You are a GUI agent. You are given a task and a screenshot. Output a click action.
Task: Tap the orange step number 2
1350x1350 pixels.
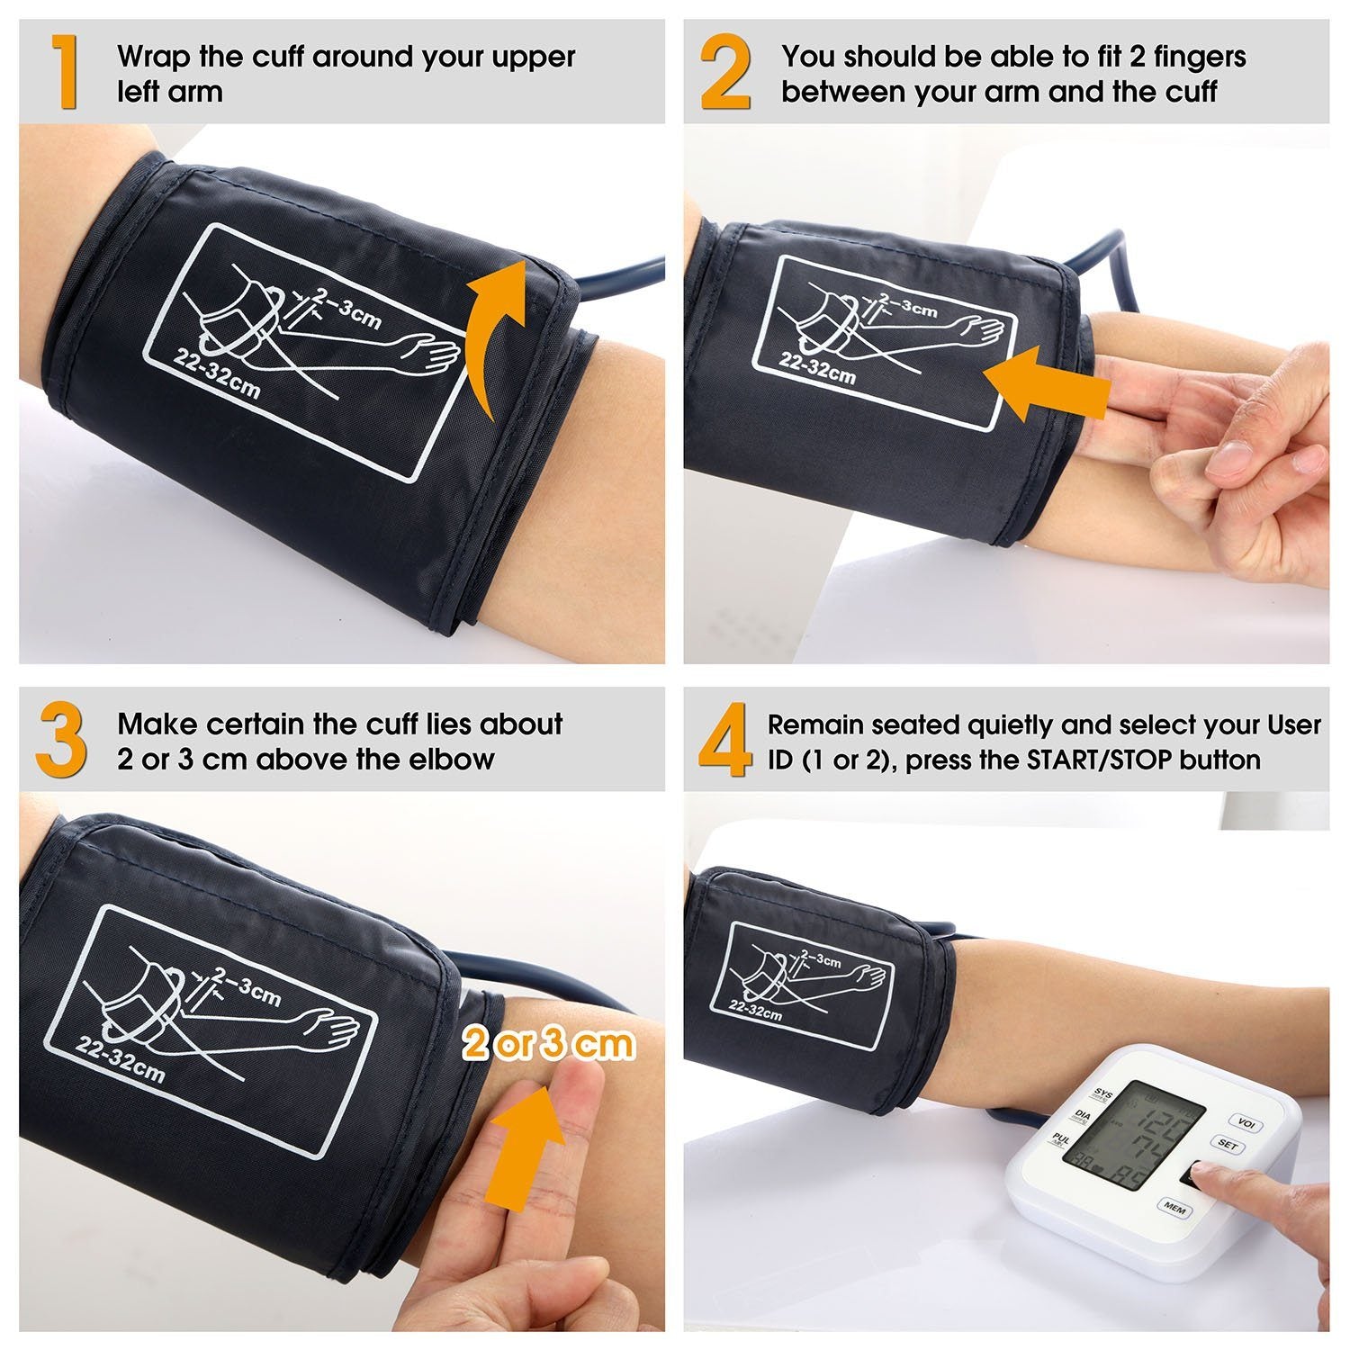(x=725, y=72)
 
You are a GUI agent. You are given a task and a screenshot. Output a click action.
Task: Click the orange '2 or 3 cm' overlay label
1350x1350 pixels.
(x=549, y=1044)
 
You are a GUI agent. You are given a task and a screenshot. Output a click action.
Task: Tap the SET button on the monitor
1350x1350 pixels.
(x=1228, y=1146)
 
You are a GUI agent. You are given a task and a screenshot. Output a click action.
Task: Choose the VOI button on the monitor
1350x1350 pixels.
(x=1246, y=1123)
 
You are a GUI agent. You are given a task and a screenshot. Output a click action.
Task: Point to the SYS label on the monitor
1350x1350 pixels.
(x=1102, y=1095)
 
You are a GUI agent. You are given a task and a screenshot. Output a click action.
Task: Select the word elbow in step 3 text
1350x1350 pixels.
(x=451, y=759)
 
